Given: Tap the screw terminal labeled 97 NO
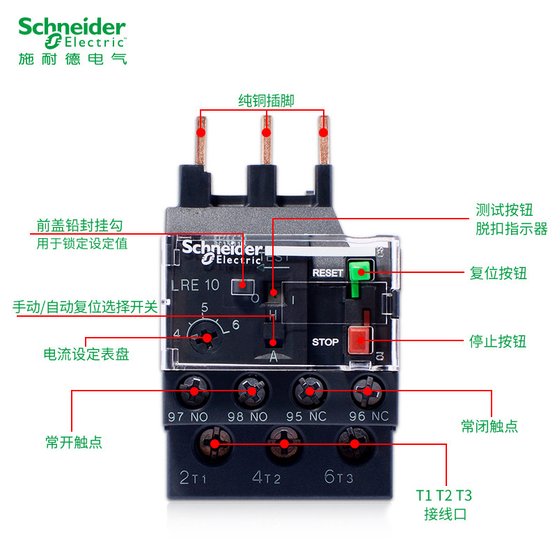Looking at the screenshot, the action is click(194, 391).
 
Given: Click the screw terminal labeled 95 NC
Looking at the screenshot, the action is click(308, 391).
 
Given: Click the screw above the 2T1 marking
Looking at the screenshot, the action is click(214, 442).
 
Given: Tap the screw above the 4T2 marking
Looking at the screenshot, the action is click(283, 442).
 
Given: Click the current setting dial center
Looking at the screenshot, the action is click(207, 338).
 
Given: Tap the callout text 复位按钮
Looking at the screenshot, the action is click(498, 273).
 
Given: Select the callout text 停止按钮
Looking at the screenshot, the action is click(498, 341).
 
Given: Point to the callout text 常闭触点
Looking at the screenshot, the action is click(489, 426).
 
